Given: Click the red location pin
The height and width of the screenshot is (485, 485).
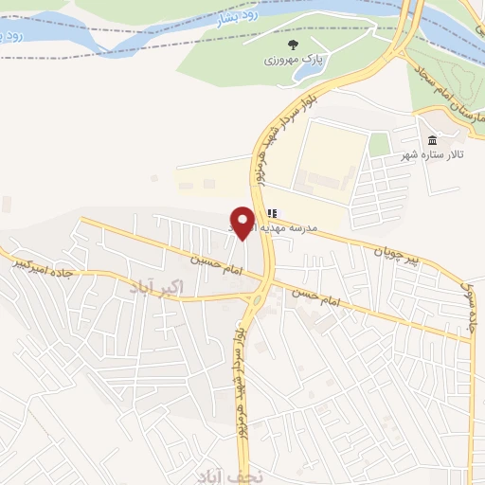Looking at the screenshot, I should pos(243,223).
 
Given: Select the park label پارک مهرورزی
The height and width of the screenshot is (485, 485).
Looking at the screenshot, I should pos(293,59).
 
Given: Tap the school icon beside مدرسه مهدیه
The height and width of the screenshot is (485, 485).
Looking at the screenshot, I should pos(272,214).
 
